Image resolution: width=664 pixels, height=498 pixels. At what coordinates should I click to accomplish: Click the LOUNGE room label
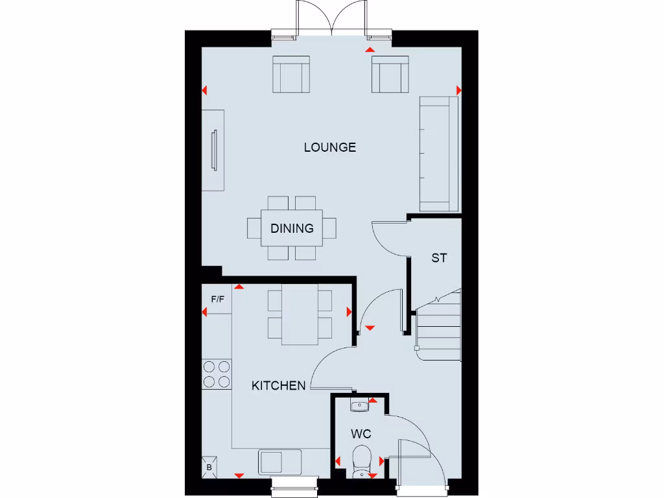pyautogui.click(x=330, y=147)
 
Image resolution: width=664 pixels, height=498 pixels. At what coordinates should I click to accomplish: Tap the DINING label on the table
pyautogui.click(x=292, y=228)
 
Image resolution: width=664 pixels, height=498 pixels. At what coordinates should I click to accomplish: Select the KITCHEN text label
pyautogui.click(x=278, y=386)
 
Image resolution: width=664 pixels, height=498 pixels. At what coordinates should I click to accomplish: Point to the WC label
pyautogui.click(x=361, y=433)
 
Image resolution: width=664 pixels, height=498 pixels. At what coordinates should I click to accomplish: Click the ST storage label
pyautogui.click(x=439, y=258)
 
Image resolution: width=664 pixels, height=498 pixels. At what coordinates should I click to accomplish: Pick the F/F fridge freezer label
pyautogui.click(x=217, y=299)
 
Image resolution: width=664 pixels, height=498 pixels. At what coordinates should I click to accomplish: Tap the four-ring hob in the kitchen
pyautogui.click(x=217, y=374)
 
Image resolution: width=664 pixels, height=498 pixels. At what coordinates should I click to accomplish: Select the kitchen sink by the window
pyautogui.click(x=281, y=462)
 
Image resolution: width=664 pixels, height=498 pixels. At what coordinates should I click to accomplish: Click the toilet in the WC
pyautogui.click(x=362, y=458)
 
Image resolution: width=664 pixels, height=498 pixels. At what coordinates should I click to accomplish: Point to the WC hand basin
pyautogui.click(x=359, y=407)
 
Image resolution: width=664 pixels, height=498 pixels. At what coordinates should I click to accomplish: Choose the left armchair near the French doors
pyautogui.click(x=291, y=74)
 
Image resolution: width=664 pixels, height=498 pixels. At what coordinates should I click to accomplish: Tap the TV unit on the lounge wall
pyautogui.click(x=214, y=150)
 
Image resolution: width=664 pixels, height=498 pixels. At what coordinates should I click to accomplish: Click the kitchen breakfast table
pyautogui.click(x=300, y=316)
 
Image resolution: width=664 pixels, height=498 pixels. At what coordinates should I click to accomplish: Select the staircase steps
pyautogui.click(x=438, y=327)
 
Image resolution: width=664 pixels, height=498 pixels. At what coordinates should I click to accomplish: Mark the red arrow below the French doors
pyautogui.click(x=370, y=49)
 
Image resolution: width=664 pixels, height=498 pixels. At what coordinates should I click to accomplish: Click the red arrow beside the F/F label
pyautogui.click(x=204, y=313)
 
